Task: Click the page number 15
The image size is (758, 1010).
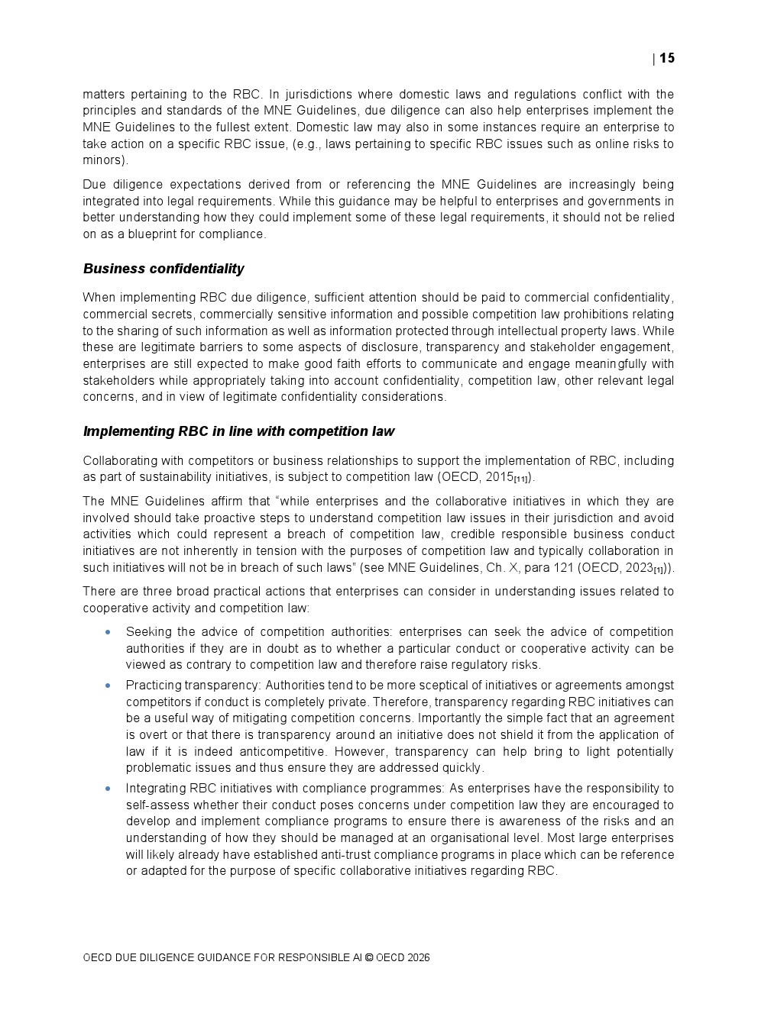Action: [x=667, y=58]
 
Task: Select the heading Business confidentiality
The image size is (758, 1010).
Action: [x=164, y=269]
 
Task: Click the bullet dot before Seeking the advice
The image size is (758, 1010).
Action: [x=108, y=632]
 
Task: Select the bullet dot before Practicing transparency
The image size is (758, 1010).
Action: [x=108, y=686]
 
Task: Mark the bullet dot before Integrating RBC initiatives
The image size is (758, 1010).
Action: [x=108, y=789]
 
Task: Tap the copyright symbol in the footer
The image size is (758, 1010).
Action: [x=369, y=957]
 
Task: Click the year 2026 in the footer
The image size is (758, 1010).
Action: [x=418, y=957]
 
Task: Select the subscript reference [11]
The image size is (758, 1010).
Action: [x=521, y=479]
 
